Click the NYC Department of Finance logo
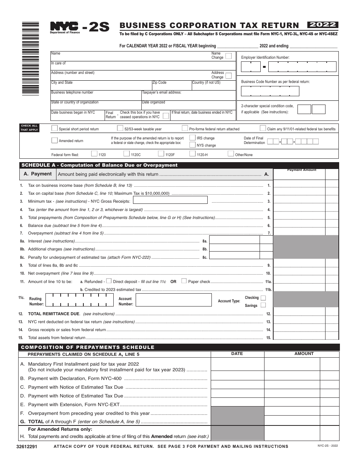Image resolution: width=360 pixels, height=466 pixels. pyautogui.click(x=65, y=27)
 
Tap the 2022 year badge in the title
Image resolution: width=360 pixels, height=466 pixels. pyautogui.click(x=323, y=25)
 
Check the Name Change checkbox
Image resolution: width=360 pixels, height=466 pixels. pyautogui.click(x=229, y=56)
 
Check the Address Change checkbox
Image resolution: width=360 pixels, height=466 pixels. pyautogui.click(x=229, y=75)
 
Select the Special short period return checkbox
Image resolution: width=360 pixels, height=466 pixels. pyautogui.click(x=55, y=128)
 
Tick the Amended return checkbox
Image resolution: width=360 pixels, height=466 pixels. pyautogui.click(x=55, y=140)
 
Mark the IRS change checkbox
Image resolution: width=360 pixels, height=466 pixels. pyautogui.click(x=193, y=138)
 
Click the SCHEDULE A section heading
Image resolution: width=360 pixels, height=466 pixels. pyautogui.click(x=99, y=165)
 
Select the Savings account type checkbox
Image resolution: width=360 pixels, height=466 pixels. pyautogui.click(x=263, y=305)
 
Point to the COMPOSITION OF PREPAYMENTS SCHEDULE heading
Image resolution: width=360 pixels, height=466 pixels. pyautogui.click(x=88, y=347)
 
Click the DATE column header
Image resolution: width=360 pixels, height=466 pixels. pyautogui.click(x=237, y=353)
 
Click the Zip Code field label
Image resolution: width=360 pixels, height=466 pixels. pyautogui.click(x=159, y=82)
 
